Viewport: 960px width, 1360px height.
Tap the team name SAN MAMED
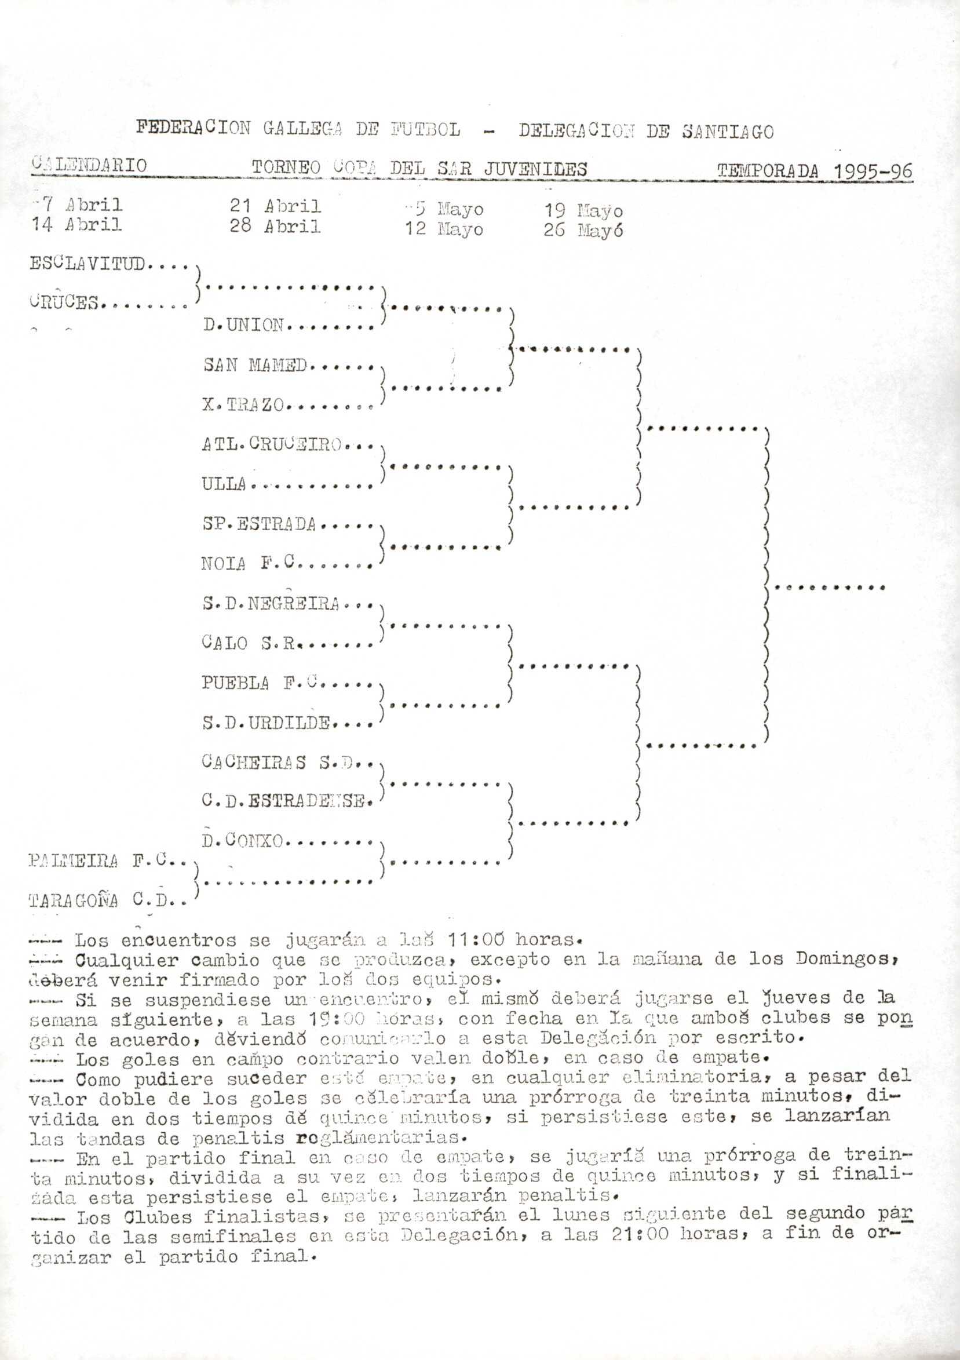click(x=255, y=365)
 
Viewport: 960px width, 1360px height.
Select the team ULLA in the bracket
click(x=224, y=484)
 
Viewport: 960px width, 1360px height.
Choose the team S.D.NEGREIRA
click(x=271, y=604)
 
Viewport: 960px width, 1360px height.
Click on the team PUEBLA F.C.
click(x=261, y=683)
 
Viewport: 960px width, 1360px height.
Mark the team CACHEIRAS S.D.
click(x=277, y=763)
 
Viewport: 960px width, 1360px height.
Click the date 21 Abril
click(x=275, y=206)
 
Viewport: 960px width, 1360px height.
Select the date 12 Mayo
click(x=444, y=229)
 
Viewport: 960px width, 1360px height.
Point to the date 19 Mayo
click(x=583, y=210)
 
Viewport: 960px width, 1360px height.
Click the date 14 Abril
click(x=77, y=224)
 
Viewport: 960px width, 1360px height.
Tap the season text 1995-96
click(x=873, y=171)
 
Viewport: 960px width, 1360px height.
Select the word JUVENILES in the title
click(x=535, y=169)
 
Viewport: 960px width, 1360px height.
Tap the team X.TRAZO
click(x=244, y=404)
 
